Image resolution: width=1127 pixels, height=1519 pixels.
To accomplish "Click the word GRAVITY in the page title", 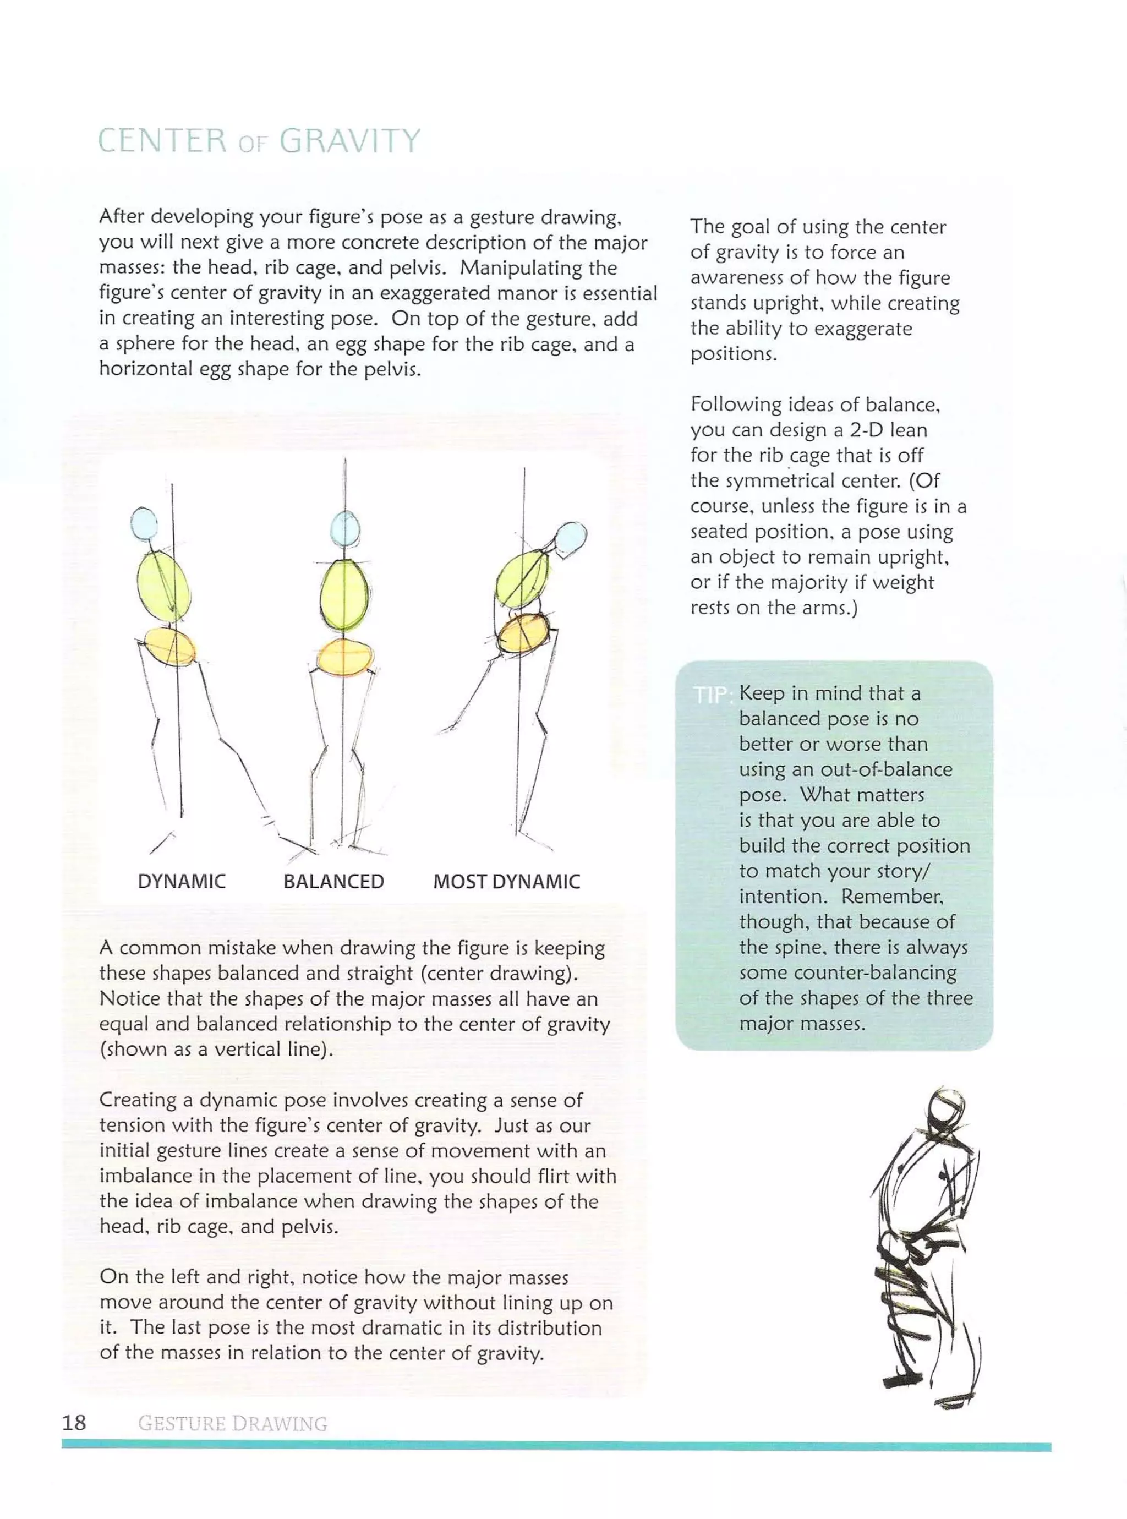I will [x=349, y=141].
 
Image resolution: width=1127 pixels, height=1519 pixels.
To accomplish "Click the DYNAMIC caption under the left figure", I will [x=182, y=881].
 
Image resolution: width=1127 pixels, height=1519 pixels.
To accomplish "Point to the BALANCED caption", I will [x=333, y=881].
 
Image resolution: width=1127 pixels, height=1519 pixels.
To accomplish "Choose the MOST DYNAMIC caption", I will [x=506, y=881].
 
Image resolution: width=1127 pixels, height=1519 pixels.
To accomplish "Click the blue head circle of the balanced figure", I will [x=345, y=528].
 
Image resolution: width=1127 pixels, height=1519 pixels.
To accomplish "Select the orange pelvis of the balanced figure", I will [x=344, y=657].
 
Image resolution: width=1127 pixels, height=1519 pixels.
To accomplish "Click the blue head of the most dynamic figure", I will [x=572, y=539].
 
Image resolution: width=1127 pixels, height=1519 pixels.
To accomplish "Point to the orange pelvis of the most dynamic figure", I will [x=524, y=633].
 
